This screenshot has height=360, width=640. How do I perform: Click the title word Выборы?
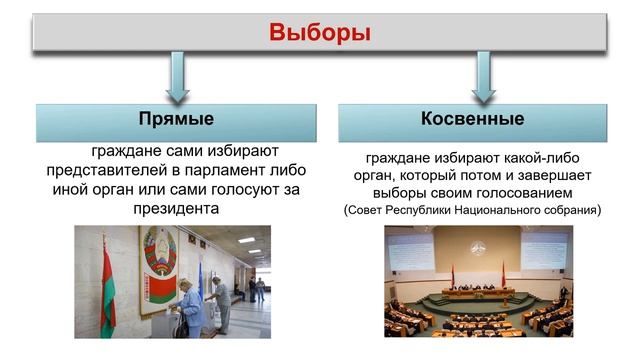point(320,32)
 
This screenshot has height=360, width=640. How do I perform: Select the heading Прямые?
point(176,120)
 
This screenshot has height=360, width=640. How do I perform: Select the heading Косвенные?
point(473,120)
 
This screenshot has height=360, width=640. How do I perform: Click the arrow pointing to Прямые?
point(177,75)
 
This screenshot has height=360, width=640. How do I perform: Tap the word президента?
point(176,209)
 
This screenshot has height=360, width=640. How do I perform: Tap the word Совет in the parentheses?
point(365,211)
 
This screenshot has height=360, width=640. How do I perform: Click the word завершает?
point(540,175)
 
